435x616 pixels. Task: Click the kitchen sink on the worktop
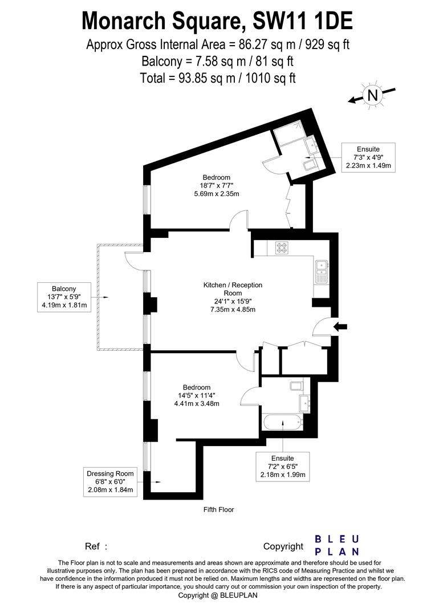point(321,271)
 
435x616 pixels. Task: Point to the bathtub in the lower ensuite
point(283,423)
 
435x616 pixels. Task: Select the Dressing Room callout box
point(110,481)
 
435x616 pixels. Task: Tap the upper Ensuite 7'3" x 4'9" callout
point(368,157)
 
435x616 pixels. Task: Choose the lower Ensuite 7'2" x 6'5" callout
point(283,466)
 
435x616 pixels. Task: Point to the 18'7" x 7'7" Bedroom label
point(216,185)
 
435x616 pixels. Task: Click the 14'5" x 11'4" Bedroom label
point(197,395)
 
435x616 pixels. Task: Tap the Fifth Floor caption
point(218,509)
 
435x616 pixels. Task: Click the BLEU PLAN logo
point(338,545)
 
